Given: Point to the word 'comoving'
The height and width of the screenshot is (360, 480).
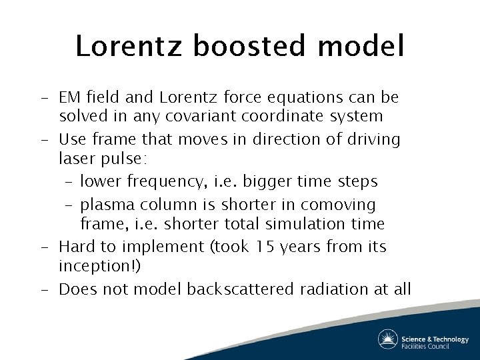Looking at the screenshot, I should click(x=339, y=205).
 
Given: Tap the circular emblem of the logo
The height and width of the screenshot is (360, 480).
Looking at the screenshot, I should click(x=388, y=339).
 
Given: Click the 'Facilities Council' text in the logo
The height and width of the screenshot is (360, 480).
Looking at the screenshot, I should click(x=434, y=345).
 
